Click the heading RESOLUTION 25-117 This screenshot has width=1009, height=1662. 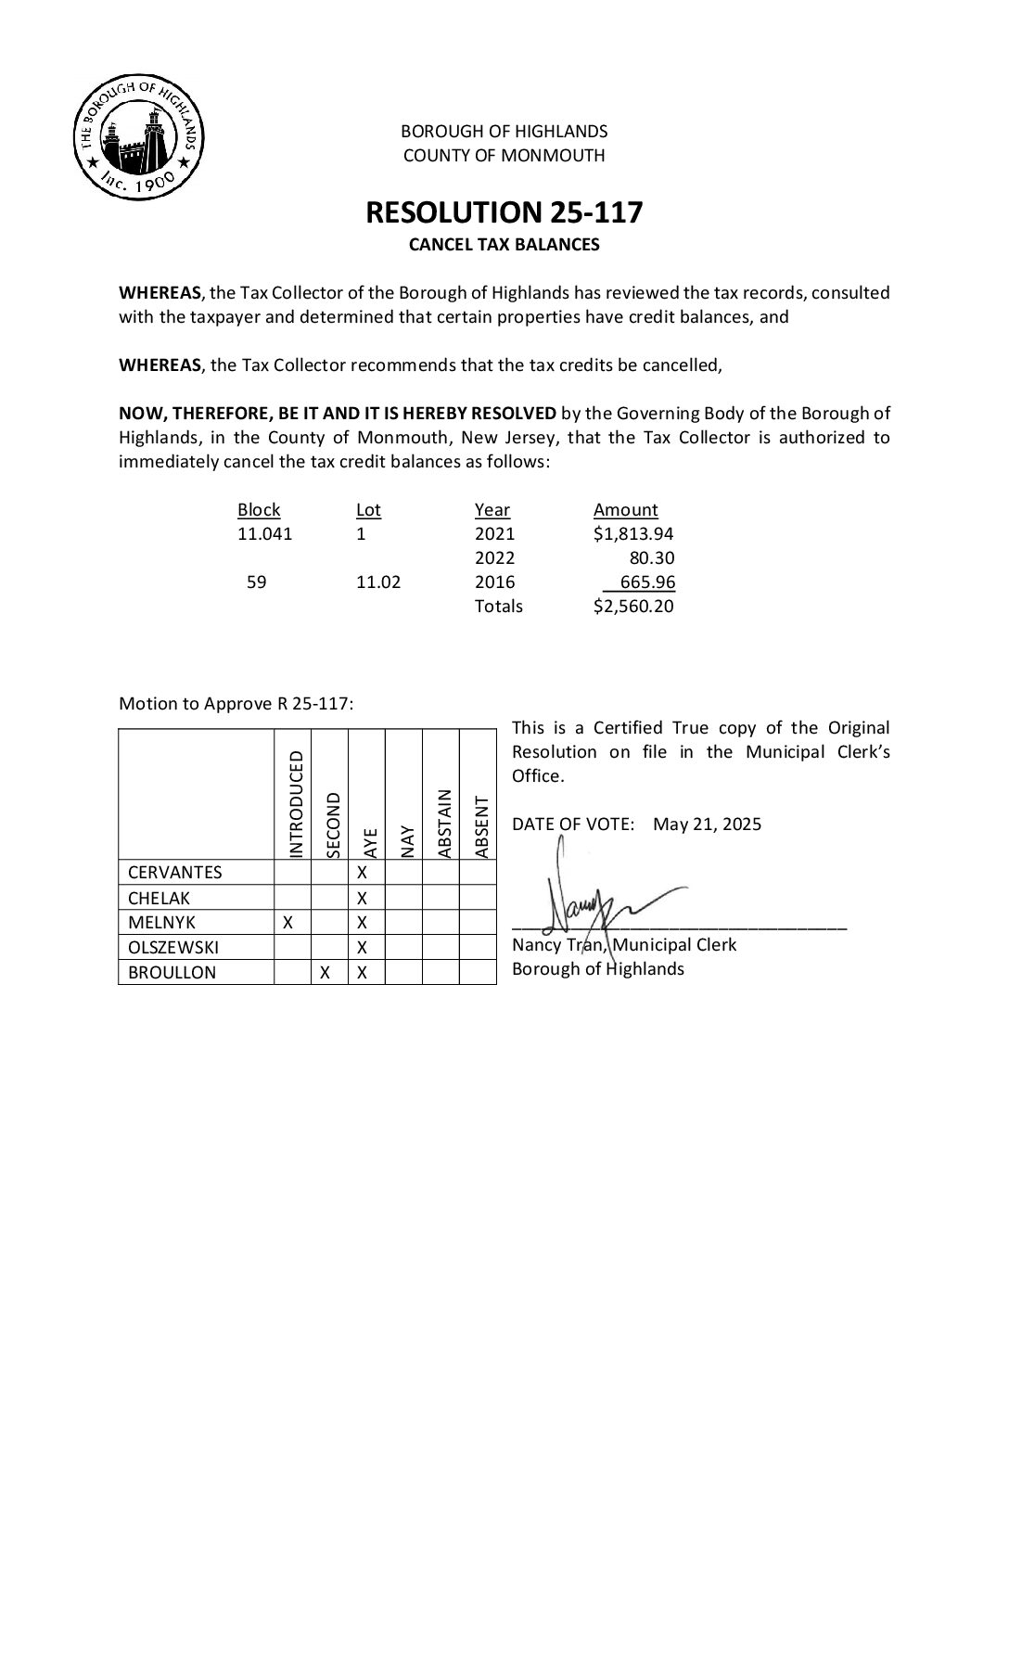tap(504, 212)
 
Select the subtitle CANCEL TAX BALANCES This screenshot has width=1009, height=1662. tap(504, 245)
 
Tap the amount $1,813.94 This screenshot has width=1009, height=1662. tap(633, 533)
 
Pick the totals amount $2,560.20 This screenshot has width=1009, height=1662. tap(633, 606)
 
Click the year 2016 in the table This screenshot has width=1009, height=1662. tap(494, 582)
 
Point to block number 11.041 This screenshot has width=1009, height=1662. tap(264, 533)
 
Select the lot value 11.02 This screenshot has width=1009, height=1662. tap(378, 582)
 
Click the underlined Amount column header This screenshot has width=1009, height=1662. tap(625, 509)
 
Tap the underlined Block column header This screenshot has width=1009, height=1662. tap(259, 509)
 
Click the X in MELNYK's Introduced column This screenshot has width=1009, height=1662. tap(288, 922)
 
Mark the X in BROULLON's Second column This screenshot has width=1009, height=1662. tap(325, 972)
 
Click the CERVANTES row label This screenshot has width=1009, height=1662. tap(174, 872)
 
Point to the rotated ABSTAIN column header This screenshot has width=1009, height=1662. tap(443, 823)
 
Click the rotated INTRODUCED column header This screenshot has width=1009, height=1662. tap(296, 804)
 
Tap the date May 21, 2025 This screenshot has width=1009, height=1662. tap(707, 824)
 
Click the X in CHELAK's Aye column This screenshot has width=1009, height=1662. tap(363, 897)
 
